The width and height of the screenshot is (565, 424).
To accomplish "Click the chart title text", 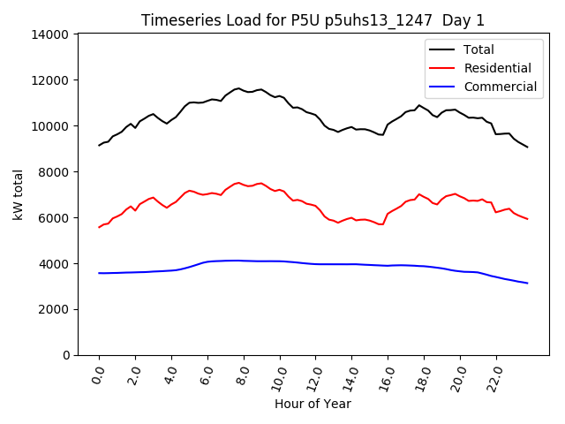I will coord(313,19).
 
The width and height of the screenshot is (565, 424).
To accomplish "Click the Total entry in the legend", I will coord(478,49).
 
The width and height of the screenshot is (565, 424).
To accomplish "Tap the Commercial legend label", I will coord(500,87).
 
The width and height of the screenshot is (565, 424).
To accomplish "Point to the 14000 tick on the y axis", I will coord(50,34).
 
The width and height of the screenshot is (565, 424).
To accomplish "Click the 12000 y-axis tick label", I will coord(50,80).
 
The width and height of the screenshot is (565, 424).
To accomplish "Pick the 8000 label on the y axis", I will coord(54,171).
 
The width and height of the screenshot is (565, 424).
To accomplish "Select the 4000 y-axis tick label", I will coord(54,263).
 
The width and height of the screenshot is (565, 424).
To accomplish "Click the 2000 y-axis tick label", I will coord(54,309).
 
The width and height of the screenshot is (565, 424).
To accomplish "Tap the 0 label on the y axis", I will coord(67,355).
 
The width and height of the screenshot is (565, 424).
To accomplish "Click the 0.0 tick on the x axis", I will coord(99,375).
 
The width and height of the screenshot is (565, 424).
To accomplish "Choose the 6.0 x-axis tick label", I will coord(207,375).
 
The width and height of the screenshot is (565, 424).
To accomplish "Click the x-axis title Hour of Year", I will coord(313,404).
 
